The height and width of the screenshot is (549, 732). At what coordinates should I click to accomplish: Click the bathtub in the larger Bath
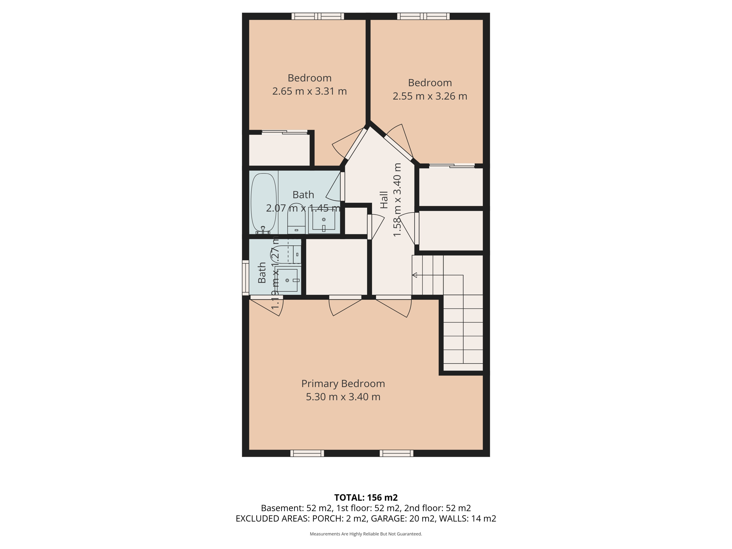(264, 202)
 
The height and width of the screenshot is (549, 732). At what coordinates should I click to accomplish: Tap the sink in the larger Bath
(324, 220)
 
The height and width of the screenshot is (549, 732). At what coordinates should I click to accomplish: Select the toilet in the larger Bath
(296, 219)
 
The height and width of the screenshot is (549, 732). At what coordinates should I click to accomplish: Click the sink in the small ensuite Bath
(288, 280)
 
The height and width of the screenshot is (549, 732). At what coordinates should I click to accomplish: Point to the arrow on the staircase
(415, 275)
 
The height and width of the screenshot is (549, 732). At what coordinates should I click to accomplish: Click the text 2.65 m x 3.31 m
(310, 91)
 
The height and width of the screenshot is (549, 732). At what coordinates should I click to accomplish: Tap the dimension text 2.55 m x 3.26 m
(430, 97)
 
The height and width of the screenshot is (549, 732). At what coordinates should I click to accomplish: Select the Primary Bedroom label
(343, 384)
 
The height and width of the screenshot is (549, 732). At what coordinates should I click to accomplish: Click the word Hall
(384, 200)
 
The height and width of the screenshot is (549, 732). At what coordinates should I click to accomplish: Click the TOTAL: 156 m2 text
(366, 498)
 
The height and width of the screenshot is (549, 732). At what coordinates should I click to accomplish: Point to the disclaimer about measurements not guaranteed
(366, 534)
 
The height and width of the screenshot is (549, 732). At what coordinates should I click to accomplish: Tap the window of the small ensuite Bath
(246, 278)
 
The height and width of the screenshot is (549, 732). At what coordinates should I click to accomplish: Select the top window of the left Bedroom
(317, 16)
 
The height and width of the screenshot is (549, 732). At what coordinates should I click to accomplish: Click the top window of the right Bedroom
(423, 16)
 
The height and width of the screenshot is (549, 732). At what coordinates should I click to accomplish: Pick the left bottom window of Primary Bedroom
(307, 453)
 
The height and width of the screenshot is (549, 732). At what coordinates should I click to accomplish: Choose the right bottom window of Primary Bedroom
(396, 453)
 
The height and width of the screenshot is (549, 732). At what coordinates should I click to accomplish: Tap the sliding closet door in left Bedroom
(285, 132)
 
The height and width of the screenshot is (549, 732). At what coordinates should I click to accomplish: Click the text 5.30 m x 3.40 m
(343, 397)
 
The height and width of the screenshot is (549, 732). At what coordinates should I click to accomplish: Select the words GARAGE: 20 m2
(403, 519)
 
